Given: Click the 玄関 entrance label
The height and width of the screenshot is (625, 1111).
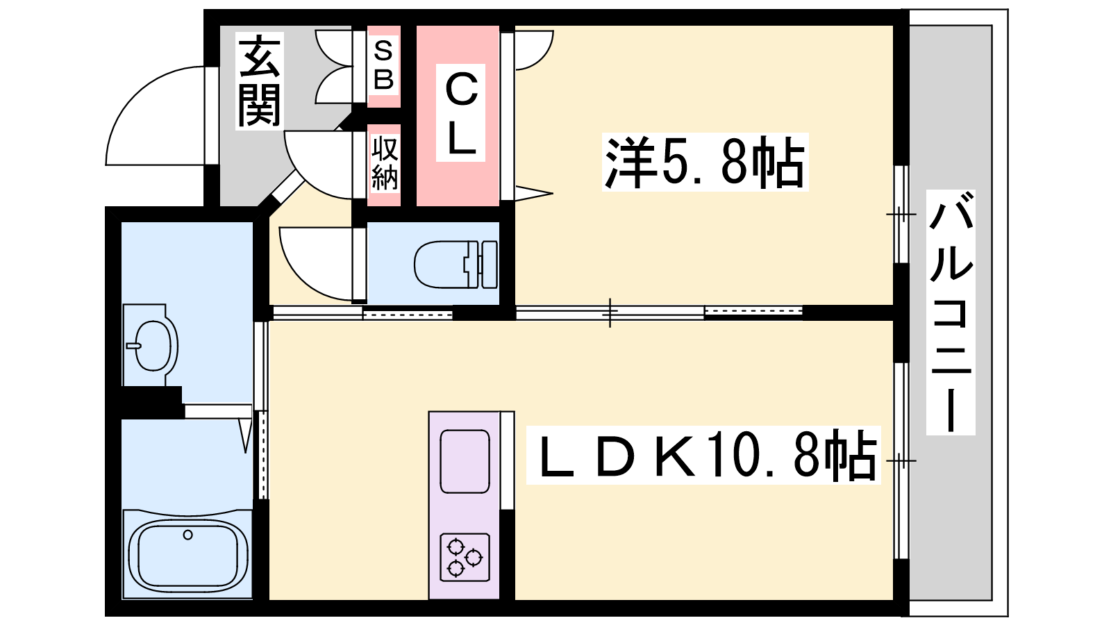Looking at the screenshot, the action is [260, 81].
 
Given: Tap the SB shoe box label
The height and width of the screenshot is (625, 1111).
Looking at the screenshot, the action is [383, 65].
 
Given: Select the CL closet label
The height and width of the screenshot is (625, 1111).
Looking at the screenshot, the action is [460, 113].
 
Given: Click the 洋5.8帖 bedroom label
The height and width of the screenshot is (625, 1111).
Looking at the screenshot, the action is [705, 162].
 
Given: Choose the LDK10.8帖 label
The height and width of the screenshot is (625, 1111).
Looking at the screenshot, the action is [703, 455].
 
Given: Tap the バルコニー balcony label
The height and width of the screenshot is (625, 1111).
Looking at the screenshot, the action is [951, 312].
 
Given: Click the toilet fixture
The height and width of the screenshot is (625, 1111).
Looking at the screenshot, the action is [456, 265].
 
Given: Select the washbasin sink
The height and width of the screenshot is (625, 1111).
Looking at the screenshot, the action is [151, 345].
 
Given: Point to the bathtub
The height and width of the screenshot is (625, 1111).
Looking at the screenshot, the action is [187, 556].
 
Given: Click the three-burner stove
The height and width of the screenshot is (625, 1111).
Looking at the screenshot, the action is [465, 557].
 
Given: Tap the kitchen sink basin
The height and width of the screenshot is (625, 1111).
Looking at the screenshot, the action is [465, 461].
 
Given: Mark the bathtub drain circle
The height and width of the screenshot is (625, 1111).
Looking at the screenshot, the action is [187, 535].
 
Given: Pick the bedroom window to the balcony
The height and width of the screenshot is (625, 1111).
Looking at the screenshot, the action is [901, 215].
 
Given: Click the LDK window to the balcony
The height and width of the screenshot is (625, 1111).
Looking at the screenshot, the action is [901, 461].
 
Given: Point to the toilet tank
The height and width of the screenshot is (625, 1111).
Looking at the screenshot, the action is [489, 265].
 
